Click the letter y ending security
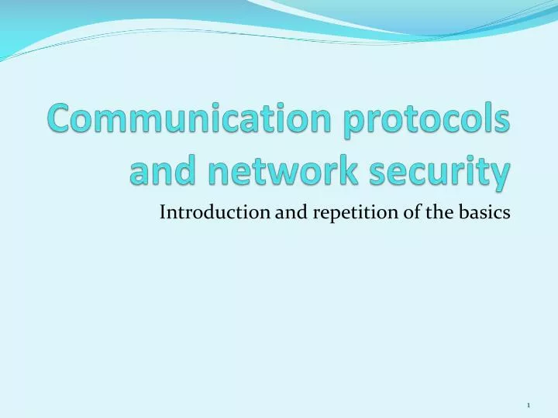click(501, 175)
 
